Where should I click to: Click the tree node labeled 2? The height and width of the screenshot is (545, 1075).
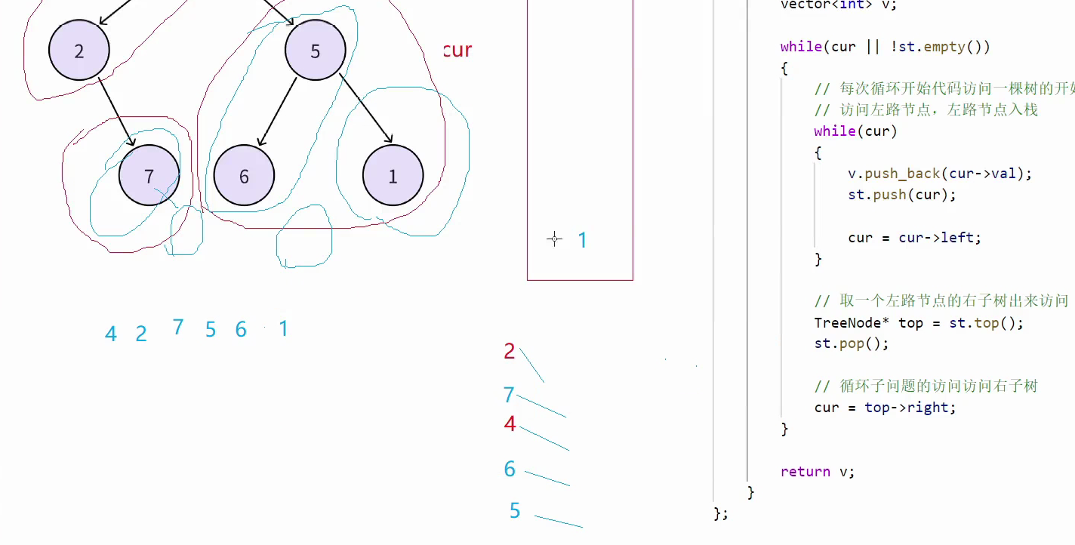point(79,51)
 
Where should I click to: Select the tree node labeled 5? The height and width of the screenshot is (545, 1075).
point(316,51)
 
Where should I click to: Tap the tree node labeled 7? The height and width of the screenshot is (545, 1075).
point(149,176)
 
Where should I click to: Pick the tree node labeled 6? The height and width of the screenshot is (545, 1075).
point(244,176)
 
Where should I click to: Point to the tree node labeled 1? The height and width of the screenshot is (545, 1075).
point(393,176)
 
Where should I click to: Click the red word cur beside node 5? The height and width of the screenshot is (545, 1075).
point(457,51)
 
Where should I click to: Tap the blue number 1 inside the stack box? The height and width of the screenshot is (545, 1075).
point(582,240)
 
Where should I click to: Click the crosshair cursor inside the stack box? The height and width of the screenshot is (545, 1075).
point(554,239)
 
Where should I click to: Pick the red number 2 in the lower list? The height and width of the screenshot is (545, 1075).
point(510,351)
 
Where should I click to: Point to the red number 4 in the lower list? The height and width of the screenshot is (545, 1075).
point(510,424)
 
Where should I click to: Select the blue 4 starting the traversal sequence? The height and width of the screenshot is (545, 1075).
point(111,334)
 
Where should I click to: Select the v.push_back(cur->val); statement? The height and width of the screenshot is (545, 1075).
point(939,174)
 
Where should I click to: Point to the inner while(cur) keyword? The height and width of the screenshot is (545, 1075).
point(834,131)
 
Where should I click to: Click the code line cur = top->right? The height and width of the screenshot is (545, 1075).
point(885,408)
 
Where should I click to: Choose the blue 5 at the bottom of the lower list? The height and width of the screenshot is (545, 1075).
point(515,511)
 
